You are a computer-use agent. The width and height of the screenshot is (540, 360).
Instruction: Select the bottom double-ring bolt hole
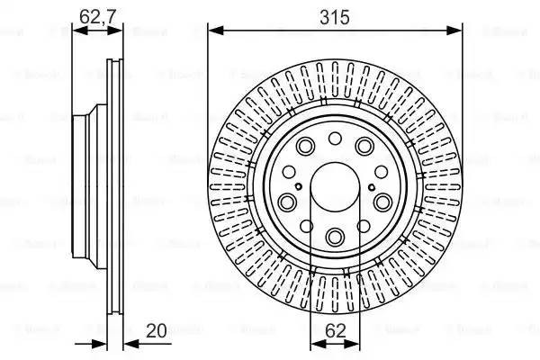(335, 237)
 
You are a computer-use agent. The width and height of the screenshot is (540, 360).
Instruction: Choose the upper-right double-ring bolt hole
(365, 147)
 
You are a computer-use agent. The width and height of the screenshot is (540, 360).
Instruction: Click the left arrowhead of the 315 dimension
(213, 31)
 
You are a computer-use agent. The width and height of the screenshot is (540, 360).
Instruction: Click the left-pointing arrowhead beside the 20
(126, 343)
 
